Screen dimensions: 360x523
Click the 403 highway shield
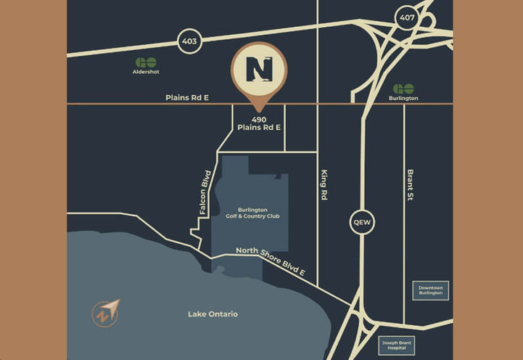click(x=189, y=42)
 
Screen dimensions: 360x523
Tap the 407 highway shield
click(x=406, y=18)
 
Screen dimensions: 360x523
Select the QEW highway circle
click(x=362, y=222)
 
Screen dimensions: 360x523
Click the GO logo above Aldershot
click(x=146, y=62)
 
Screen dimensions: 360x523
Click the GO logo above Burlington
click(x=403, y=88)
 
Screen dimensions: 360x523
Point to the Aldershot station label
click(x=146, y=73)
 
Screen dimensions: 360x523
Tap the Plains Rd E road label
click(x=187, y=97)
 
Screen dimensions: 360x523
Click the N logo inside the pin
click(x=259, y=69)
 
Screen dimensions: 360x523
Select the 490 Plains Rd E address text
click(x=259, y=123)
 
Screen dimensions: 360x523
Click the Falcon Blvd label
click(x=206, y=192)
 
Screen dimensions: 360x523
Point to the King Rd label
click(x=324, y=185)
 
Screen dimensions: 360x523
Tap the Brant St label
click(x=410, y=185)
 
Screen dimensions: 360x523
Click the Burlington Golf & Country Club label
click(x=252, y=213)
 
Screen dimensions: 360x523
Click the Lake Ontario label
click(x=213, y=314)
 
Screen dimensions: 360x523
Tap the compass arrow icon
click(x=106, y=313)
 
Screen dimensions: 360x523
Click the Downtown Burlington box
click(x=430, y=290)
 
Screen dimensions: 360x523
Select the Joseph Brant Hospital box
click(x=398, y=345)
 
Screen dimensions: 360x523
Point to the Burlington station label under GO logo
click(x=403, y=98)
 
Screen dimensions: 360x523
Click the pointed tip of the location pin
click(x=259, y=111)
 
